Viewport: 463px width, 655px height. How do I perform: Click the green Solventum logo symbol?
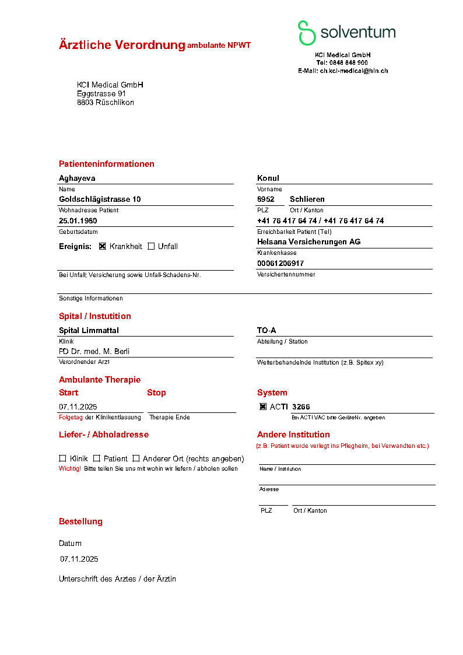(306, 33)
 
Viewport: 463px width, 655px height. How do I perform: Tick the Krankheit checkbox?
(103, 246)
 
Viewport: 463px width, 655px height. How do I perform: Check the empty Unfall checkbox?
(151, 246)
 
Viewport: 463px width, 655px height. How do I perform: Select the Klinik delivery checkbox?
(62, 458)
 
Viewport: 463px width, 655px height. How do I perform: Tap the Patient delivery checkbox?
(97, 458)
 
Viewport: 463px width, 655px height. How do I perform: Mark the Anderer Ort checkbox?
(136, 458)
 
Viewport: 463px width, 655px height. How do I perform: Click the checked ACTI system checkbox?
(263, 407)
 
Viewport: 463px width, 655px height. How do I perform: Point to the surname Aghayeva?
(77, 178)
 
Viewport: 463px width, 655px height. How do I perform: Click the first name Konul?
(268, 178)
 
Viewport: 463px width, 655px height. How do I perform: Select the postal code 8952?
(266, 199)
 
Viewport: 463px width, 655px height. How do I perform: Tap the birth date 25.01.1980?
(78, 220)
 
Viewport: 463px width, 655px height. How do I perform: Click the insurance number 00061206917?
(280, 263)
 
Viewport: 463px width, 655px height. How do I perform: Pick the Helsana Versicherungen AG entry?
(308, 241)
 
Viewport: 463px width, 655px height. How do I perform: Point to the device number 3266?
(301, 407)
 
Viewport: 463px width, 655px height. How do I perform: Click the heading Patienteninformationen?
(107, 164)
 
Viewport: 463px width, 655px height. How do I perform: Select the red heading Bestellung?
(80, 521)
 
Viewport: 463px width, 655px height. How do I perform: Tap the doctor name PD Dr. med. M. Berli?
(94, 351)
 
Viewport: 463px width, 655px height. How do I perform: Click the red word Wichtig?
(70, 468)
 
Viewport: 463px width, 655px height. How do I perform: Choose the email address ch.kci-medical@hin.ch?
(353, 71)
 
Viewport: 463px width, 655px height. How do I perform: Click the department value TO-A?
(266, 330)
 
